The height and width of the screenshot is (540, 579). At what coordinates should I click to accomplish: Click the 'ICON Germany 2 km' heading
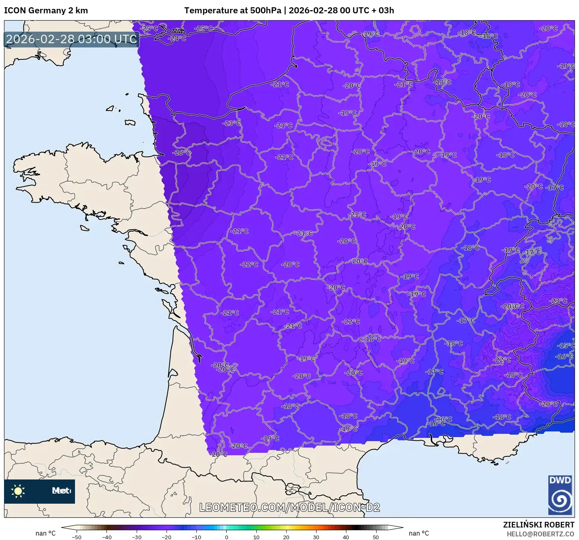pyautogui.click(x=46, y=10)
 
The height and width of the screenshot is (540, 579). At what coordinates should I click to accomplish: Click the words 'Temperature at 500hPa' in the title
pyautogui.click(x=233, y=10)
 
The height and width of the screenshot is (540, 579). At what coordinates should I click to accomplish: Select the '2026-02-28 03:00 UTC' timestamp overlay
pyautogui.click(x=72, y=39)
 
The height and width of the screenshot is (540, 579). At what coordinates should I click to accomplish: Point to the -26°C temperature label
pyautogui.click(x=182, y=153)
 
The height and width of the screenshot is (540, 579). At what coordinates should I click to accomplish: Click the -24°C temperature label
pyautogui.click(x=178, y=38)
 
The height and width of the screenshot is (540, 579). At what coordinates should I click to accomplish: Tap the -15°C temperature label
pyautogui.click(x=566, y=345)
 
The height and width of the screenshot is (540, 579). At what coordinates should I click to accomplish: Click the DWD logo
pyautogui.click(x=560, y=495)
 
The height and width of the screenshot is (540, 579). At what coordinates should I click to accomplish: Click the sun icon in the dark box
pyautogui.click(x=18, y=491)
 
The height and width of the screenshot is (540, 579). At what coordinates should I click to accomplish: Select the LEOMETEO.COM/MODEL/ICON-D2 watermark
pyautogui.click(x=289, y=507)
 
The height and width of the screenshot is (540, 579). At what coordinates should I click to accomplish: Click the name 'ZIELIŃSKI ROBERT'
pyautogui.click(x=538, y=525)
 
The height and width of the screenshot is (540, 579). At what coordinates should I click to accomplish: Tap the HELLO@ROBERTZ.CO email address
pyautogui.click(x=540, y=534)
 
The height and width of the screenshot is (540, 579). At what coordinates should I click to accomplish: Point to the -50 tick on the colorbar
pyautogui.click(x=77, y=537)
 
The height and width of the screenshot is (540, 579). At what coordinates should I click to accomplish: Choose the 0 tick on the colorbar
pyautogui.click(x=227, y=537)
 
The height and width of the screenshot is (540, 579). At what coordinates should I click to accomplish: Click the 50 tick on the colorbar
pyautogui.click(x=376, y=537)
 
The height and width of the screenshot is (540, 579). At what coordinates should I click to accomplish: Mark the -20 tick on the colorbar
pyautogui.click(x=167, y=537)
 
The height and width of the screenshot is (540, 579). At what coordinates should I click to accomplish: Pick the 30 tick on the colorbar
pyautogui.click(x=316, y=537)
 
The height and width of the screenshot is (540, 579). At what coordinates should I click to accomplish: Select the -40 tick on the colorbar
pyautogui.click(x=107, y=537)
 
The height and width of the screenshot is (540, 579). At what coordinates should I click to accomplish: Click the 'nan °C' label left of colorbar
pyautogui.click(x=45, y=533)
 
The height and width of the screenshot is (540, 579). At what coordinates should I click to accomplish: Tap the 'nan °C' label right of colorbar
pyautogui.click(x=419, y=533)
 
